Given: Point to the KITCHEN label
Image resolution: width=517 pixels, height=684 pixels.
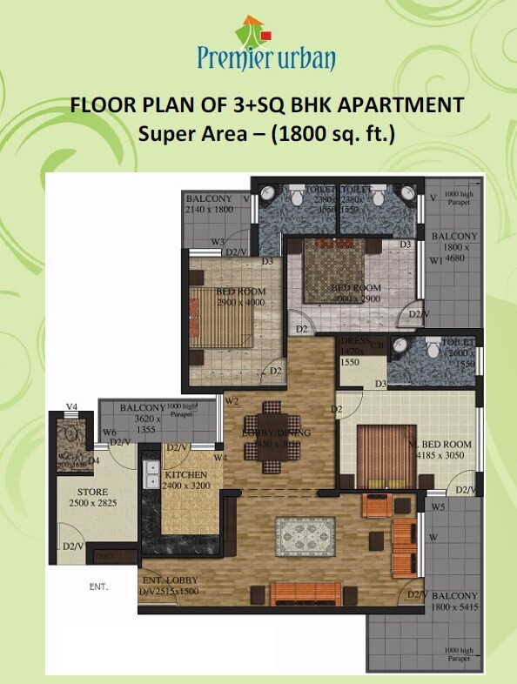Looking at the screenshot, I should tap(186, 475).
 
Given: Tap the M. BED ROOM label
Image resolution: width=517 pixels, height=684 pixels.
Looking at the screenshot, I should tap(440, 444).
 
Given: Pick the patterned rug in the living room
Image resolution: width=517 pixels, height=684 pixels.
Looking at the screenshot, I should tap(305, 535).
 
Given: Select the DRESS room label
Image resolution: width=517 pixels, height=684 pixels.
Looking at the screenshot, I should tap(356, 342).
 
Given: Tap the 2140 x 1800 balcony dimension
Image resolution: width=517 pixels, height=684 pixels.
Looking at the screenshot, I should tap(211, 210).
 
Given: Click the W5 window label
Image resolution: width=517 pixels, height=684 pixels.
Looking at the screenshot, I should tap(437, 506).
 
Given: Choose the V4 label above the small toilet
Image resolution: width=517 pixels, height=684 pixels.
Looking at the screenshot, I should tap(72, 406).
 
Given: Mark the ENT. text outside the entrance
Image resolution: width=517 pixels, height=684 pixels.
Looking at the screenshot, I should tap(98, 587).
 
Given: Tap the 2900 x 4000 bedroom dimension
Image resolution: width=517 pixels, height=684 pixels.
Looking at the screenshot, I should tap(228, 301).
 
